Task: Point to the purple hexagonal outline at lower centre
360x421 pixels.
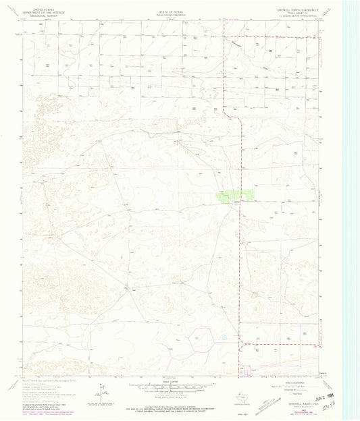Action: [201, 337]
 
